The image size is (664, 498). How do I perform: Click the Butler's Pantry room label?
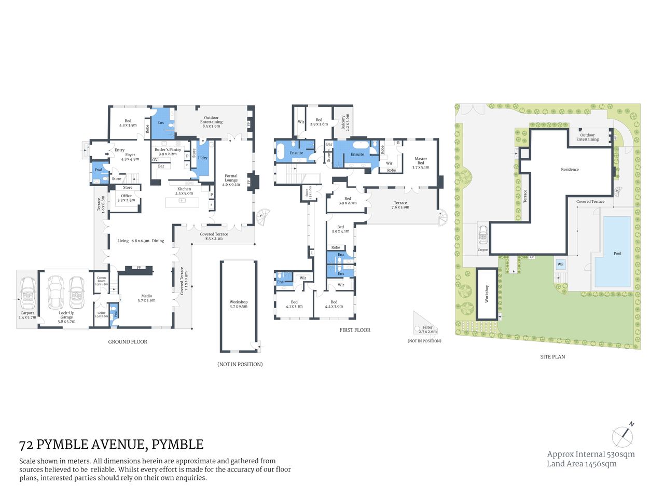(168, 151)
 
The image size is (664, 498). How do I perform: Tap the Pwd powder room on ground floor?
(99, 170)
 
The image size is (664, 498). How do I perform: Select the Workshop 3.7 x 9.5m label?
(239, 304)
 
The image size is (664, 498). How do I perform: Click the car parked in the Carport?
(27, 293)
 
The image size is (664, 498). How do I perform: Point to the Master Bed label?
(421, 163)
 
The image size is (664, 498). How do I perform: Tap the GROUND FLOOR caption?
(128, 342)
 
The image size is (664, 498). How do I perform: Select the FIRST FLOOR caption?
(355, 330)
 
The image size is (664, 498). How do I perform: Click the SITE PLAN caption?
(552, 357)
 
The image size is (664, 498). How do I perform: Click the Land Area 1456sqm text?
(582, 464)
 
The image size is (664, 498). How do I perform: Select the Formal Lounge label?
(231, 180)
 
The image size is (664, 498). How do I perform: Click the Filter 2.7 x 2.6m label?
(427, 329)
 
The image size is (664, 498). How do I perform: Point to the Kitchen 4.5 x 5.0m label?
(184, 191)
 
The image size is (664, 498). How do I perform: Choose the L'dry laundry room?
(203, 158)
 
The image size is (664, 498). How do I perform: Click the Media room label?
(146, 298)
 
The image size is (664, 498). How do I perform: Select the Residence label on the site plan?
(570, 170)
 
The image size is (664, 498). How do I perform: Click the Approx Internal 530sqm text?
(591, 454)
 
